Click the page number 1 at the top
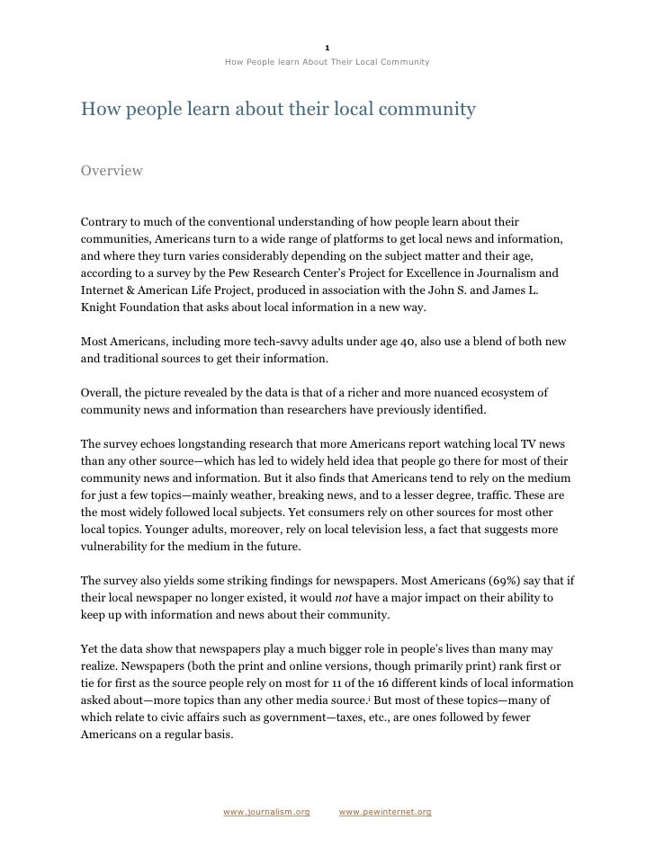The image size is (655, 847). coord(327,48)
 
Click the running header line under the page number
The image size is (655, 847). coord(327,62)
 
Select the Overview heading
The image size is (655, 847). coord(112,170)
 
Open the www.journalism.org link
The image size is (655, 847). coord(266,812)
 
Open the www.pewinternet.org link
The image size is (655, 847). coord(386,812)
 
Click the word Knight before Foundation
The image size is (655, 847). coord(101,307)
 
